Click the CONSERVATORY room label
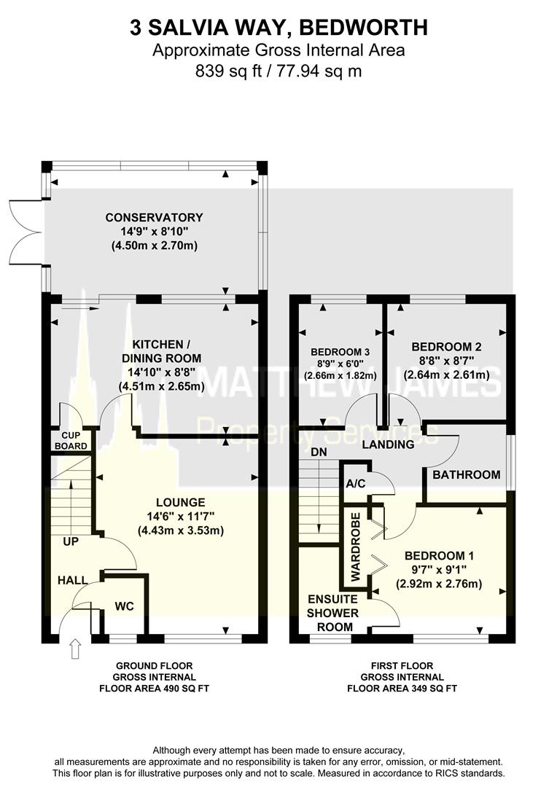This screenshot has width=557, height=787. click(154, 217)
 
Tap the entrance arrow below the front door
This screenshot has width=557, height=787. click(74, 648)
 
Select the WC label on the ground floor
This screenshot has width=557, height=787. click(123, 606)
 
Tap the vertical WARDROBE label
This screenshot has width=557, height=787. click(356, 546)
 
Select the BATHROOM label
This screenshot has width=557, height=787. click(467, 474)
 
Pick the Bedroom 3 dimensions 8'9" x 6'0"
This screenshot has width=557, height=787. click(336, 364)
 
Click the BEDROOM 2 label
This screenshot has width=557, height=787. click(447, 346)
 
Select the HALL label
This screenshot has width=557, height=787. click(73, 580)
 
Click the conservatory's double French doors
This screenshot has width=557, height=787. click(26, 227)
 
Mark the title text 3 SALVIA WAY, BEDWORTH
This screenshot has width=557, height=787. click(278, 28)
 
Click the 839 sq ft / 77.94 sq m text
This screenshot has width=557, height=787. click(278, 71)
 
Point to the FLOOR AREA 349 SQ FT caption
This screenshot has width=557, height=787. click(401, 688)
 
